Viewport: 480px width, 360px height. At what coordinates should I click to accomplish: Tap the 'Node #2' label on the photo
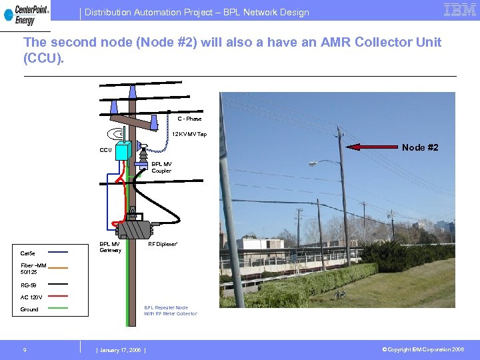pos(421,147)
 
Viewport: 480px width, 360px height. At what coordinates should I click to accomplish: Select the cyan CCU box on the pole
pos(123,152)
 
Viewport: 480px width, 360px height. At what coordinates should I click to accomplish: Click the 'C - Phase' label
pos(189,119)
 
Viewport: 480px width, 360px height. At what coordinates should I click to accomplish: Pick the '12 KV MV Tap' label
pos(189,135)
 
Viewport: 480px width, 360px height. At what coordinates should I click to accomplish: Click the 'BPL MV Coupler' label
pos(161,167)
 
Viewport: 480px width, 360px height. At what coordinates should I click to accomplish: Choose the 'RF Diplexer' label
pos(163,244)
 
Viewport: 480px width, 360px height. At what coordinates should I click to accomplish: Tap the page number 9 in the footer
pos(25,350)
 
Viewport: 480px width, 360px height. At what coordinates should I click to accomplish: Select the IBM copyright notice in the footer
pos(423,350)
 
